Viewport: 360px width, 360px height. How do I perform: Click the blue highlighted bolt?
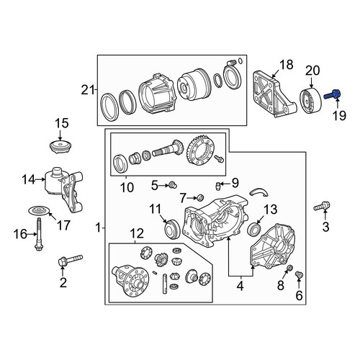332,94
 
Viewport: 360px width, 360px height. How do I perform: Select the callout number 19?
339,116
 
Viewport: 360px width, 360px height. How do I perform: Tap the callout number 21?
87,90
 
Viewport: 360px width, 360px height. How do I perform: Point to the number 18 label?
287,65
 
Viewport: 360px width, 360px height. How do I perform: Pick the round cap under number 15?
60,147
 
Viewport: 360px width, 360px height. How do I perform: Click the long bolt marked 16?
38,234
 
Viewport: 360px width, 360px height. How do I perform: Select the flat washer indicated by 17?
39,210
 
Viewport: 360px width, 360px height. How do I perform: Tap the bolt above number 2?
71,260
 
